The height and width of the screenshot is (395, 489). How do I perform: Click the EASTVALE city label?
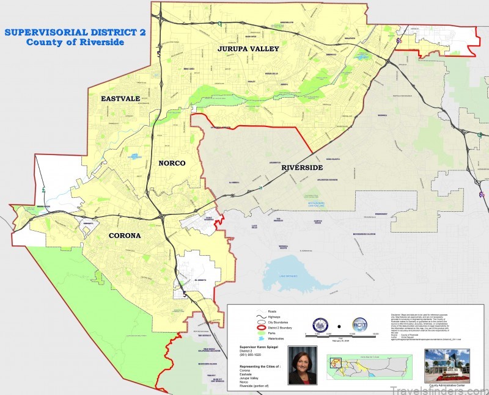click(x=120, y=98)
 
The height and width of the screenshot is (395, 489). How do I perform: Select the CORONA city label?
click(x=125, y=236)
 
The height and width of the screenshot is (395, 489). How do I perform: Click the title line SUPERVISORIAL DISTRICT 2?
click(x=75, y=32)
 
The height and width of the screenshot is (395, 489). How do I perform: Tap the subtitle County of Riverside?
click(x=75, y=42)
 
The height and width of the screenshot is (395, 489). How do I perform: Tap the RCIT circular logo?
click(x=360, y=325)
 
